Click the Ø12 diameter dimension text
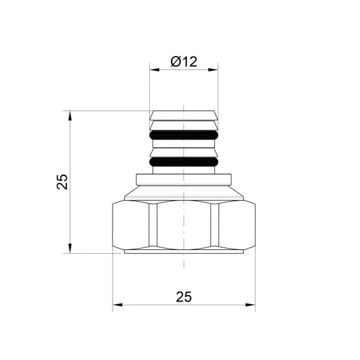(x=184, y=62)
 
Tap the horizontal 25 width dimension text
(x=184, y=296)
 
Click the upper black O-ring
(x=184, y=136)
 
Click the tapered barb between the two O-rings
(x=184, y=152)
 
